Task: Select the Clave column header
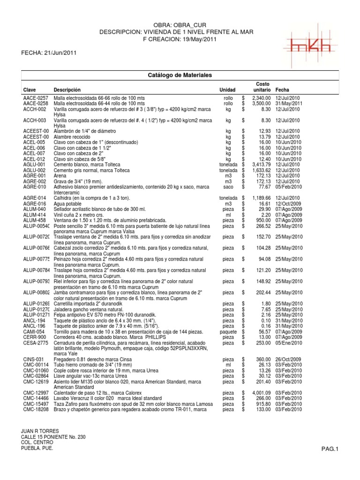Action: click(x=29, y=90)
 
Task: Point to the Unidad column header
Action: click(x=227, y=90)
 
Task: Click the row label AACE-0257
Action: click(x=36, y=97)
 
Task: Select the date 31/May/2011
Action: click(x=289, y=103)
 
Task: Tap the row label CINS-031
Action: click(x=33, y=360)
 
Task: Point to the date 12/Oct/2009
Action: click(x=289, y=204)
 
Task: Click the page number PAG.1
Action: click(x=330, y=449)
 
